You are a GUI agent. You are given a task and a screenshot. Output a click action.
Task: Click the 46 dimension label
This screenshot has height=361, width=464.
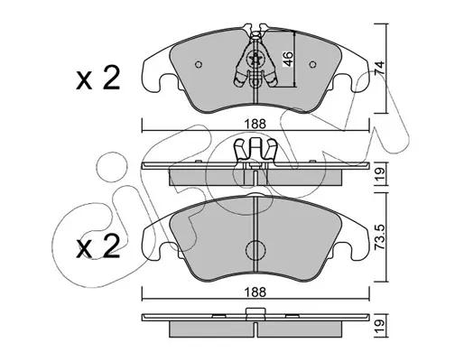pos(288,59)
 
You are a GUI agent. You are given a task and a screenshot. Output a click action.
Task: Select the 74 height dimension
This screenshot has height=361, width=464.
pos(380,68)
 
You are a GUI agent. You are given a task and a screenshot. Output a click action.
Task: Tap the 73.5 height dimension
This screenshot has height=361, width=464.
pos(380,238)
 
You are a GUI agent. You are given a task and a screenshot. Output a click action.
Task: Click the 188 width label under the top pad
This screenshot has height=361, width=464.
pos(255,124)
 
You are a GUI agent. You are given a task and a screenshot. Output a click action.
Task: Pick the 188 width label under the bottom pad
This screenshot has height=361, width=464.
pos(255,292)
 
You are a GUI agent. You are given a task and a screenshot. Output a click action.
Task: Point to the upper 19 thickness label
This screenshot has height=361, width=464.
pos(380,174)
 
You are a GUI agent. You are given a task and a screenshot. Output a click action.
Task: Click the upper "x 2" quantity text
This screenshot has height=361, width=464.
pos(98,79)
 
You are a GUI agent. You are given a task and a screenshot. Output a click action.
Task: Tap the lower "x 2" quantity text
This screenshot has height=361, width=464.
pos(98,246)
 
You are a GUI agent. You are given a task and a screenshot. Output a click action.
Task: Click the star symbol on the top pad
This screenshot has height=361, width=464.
pos(255,60)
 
